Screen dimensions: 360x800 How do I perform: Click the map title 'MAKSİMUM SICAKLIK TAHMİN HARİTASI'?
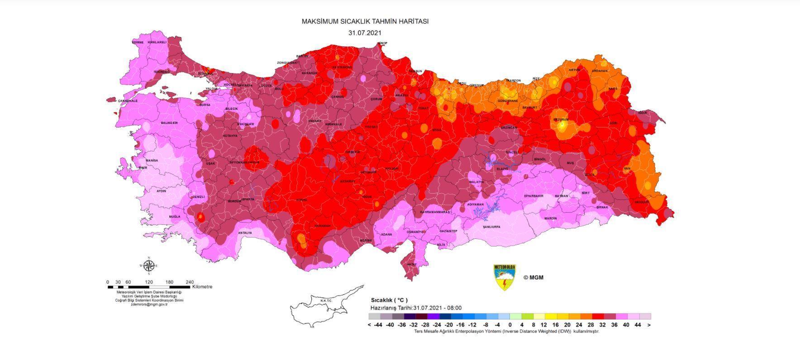[x=365, y=21]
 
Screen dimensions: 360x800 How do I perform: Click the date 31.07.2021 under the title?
[x=365, y=33]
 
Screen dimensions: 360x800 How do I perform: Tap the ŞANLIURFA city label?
[x=491, y=227]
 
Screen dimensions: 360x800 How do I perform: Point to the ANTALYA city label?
[x=245, y=233]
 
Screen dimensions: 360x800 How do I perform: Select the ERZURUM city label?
[x=561, y=119]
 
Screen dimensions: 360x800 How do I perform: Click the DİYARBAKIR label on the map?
[x=533, y=196]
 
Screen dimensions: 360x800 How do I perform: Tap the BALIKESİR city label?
[x=169, y=123]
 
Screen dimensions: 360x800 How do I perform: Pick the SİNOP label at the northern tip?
[x=382, y=43]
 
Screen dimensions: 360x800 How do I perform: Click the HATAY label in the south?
[x=411, y=264]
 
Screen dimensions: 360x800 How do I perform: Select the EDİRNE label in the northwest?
[x=138, y=42]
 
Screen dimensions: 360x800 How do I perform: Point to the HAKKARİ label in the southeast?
[x=642, y=202]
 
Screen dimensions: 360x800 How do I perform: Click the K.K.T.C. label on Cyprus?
[x=326, y=301]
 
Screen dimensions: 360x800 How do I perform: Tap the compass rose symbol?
[x=149, y=265]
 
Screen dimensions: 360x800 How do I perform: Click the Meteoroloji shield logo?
[x=505, y=277]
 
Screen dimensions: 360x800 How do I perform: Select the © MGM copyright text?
[x=533, y=278]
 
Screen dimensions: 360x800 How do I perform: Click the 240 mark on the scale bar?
[x=189, y=282]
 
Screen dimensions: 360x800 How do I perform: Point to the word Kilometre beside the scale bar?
[x=202, y=287]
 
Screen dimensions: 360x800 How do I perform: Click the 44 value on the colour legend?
[x=638, y=325]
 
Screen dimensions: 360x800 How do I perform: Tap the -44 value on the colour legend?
[x=378, y=325]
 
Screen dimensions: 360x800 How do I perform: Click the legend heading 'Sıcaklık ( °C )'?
[x=389, y=300]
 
